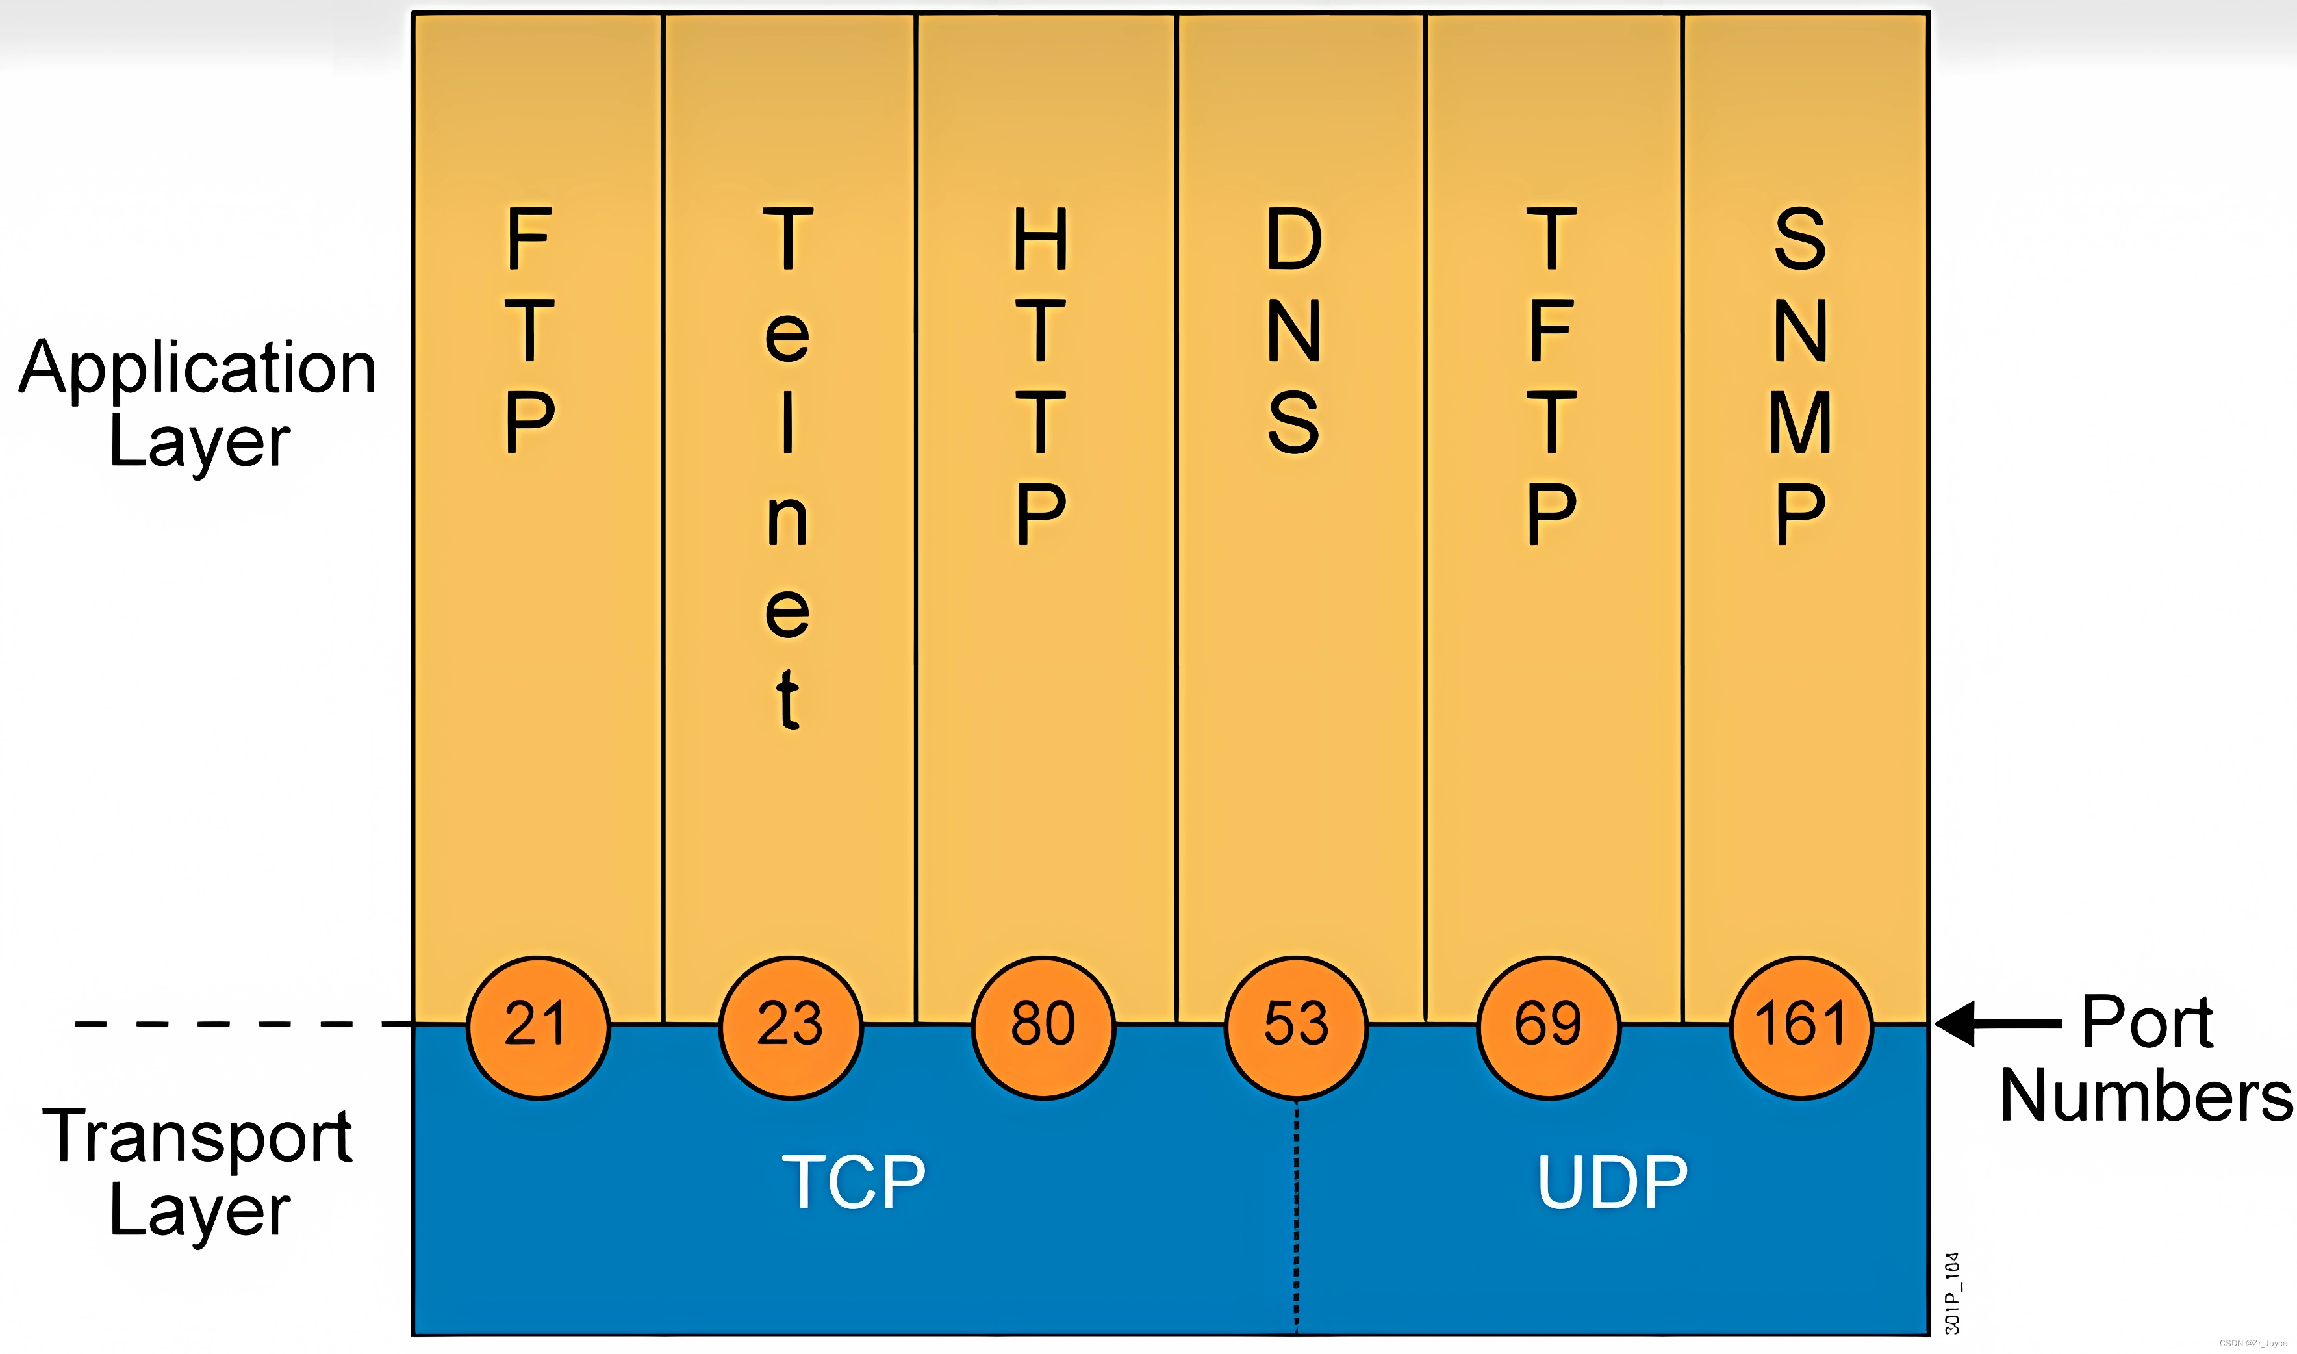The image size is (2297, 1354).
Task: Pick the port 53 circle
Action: click(1295, 1027)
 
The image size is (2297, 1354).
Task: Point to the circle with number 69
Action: click(1548, 1027)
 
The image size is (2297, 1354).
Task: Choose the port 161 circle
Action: click(1801, 1027)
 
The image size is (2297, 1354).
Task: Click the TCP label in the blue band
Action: click(854, 1182)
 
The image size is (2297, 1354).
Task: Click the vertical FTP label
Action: click(530, 329)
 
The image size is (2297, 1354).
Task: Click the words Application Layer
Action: click(198, 402)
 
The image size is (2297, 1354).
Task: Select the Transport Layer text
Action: click(198, 1173)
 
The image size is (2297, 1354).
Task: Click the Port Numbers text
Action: click(2146, 1058)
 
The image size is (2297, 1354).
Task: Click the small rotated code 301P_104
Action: click(1951, 1293)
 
